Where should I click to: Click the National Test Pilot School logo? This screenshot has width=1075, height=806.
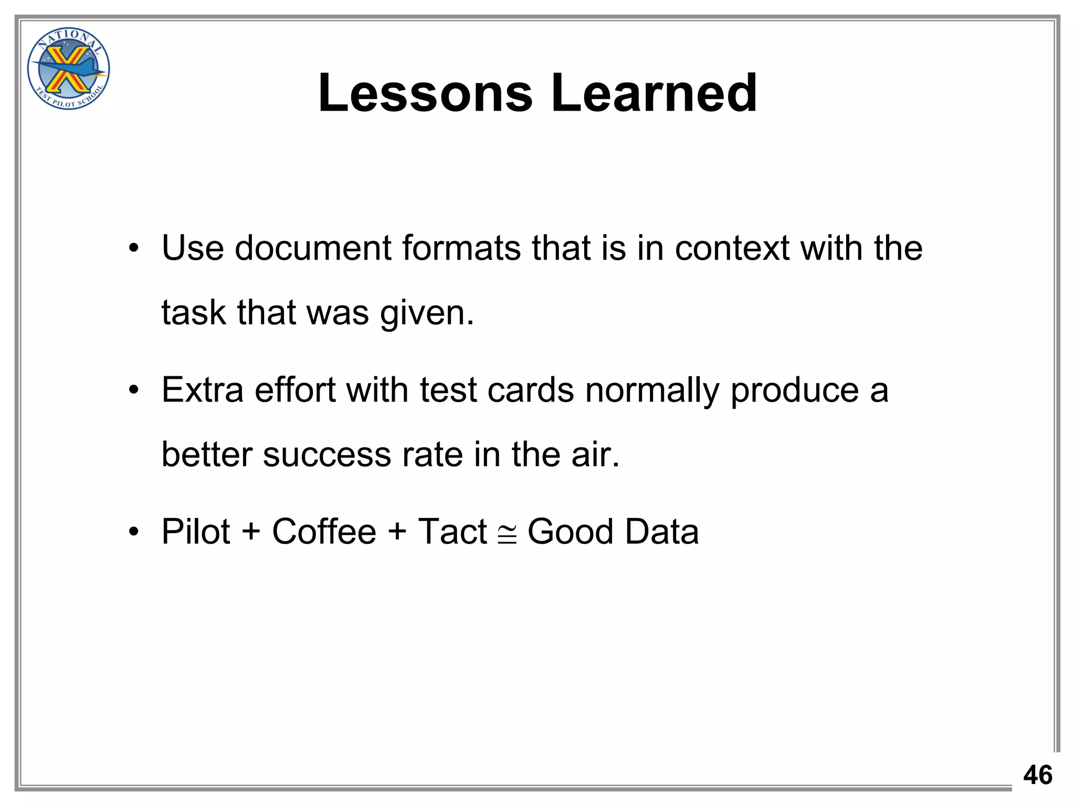click(68, 68)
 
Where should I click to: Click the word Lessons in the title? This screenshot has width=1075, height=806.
click(425, 93)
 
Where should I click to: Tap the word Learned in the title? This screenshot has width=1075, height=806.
click(654, 93)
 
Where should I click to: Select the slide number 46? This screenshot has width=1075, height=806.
click(1037, 775)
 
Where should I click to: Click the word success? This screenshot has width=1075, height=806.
click(326, 454)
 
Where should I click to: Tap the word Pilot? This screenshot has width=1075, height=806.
click(195, 532)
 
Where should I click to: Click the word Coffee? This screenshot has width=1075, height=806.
click(324, 532)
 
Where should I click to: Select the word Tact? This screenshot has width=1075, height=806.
click(452, 532)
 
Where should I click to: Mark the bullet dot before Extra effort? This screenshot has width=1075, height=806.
click(134, 391)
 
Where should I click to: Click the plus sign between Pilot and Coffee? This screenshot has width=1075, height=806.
click(251, 532)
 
